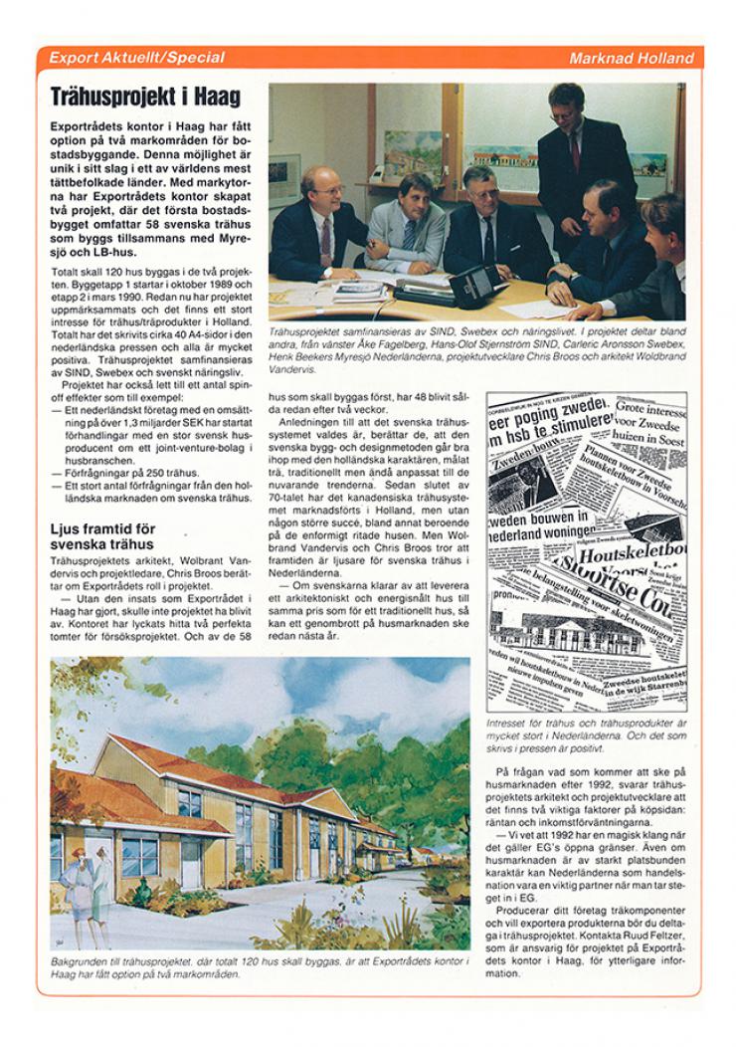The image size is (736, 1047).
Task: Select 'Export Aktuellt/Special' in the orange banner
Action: (x=136, y=59)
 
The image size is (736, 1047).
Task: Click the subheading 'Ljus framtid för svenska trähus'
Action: (x=102, y=537)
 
